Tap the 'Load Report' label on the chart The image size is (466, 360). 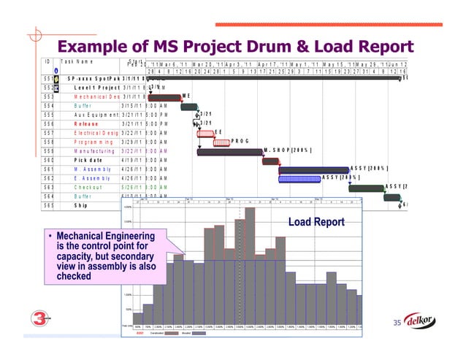pyautogui.click(x=316, y=221)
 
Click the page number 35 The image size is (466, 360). pyautogui.click(x=398, y=323)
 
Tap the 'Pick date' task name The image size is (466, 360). pyautogui.click(x=89, y=160)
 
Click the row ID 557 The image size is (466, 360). pyautogui.click(x=47, y=133)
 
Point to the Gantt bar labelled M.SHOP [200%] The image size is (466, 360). pyautogui.click(x=229, y=152)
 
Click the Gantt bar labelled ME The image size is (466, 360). pyautogui.click(x=165, y=97)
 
